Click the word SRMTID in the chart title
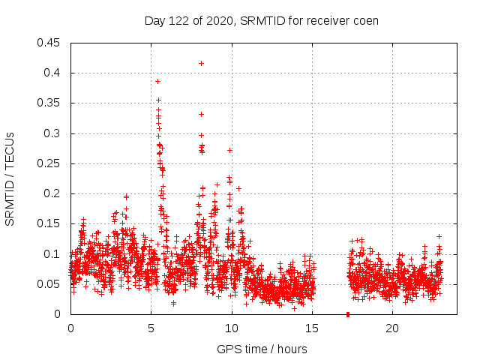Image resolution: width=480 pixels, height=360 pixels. coord(258,20)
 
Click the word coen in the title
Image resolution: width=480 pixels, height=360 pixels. coord(365,20)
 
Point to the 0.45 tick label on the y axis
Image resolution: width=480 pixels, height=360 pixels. coord(49,43)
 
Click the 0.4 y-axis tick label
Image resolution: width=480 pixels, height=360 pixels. coord(52,73)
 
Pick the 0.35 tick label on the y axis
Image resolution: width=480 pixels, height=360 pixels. coord(49,103)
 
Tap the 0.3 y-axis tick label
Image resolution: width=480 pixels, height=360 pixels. coord(52,133)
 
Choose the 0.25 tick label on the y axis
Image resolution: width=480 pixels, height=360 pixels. coord(49,163)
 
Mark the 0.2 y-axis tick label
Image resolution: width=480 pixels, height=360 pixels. coord(52,193)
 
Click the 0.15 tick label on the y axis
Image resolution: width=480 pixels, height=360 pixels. coord(49,224)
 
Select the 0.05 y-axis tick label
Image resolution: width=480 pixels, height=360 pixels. coord(49,284)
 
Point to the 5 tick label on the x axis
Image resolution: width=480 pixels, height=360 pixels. coord(151,328)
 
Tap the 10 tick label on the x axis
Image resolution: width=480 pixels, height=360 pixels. coord(231,328)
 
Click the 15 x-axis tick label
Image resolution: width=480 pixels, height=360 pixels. coord(311,328)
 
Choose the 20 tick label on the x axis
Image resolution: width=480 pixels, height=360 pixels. coord(391,328)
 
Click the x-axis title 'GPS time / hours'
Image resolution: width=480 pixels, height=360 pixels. coord(262,349)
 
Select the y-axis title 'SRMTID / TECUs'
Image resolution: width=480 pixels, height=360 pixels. coord(10,178)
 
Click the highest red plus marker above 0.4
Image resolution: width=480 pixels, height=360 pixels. coord(201,63)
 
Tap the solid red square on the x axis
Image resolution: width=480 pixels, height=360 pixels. coord(348,314)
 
